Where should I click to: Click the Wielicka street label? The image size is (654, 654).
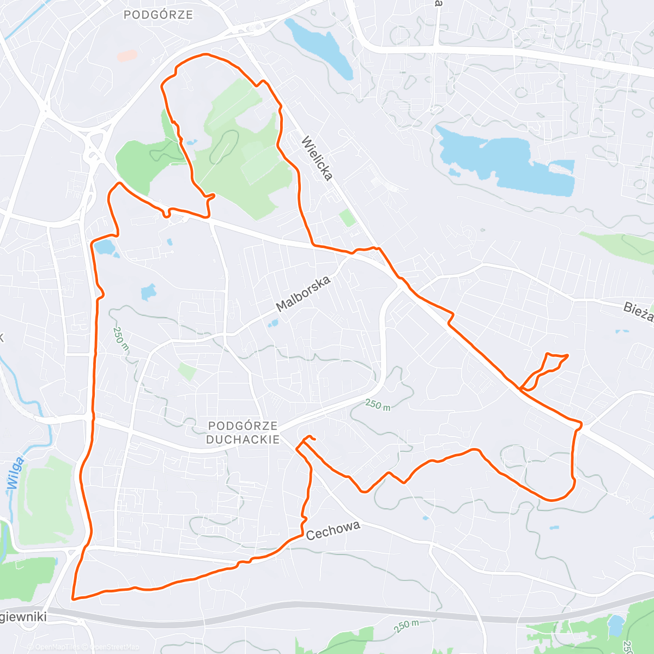(x=317, y=158)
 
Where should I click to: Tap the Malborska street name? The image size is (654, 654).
(x=304, y=294)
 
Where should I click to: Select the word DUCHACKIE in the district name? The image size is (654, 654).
(x=243, y=439)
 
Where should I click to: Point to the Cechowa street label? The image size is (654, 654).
(x=333, y=531)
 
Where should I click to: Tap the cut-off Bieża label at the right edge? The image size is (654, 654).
(x=639, y=312)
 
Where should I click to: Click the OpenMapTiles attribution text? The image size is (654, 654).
(x=57, y=647)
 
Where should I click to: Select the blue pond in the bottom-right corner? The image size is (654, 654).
(x=616, y=625)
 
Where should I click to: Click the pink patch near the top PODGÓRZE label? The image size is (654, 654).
(x=128, y=56)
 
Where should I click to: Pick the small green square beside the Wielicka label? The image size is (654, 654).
(x=347, y=218)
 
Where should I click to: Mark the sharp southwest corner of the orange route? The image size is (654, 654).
(x=73, y=598)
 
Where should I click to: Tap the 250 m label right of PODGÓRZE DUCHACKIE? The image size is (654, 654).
(x=378, y=404)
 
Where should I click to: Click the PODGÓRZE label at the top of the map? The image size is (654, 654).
(x=158, y=15)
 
